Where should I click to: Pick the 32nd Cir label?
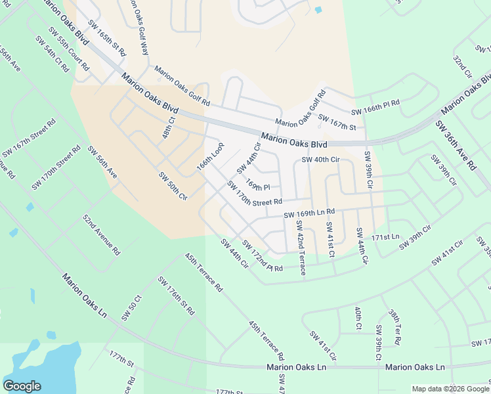462,66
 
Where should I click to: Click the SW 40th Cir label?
320,160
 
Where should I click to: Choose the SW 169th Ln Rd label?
309,213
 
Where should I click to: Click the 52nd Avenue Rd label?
102,233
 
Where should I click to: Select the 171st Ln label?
385,236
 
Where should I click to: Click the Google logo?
22,386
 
